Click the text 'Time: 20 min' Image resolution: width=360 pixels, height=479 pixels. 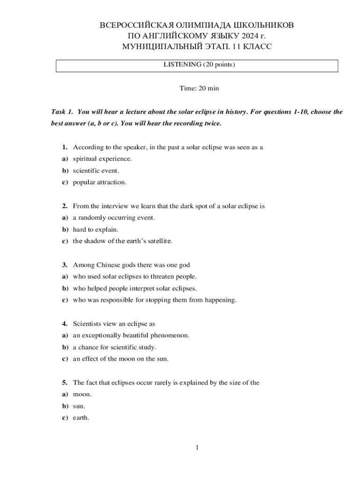tap(199, 88)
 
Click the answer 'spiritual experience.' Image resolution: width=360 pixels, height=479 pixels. tap(102, 159)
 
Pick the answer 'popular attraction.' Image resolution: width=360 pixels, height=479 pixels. tap(100, 182)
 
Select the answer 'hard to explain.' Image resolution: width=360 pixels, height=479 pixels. tap(95, 230)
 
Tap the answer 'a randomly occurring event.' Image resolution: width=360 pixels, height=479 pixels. tap(114, 218)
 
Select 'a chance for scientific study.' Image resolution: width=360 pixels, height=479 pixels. tap(115, 348)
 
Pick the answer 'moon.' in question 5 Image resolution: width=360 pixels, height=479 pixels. tap(82, 395)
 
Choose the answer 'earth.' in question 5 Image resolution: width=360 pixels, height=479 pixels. tap(81, 418)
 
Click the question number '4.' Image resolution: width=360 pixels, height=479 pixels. tap(65, 324)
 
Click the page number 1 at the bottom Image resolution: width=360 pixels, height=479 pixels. tap(197, 448)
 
